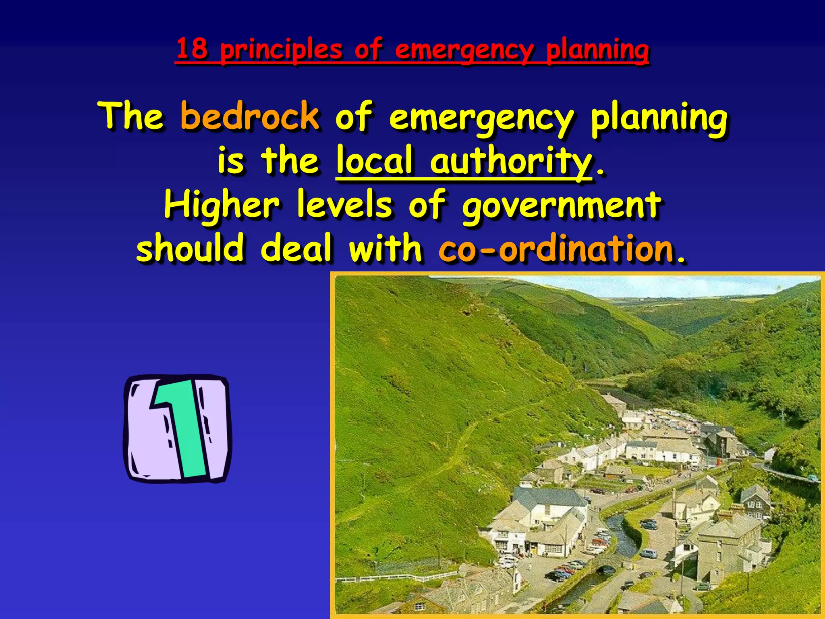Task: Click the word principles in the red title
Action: [x=281, y=50]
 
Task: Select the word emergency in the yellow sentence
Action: [x=481, y=118]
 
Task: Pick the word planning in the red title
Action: [x=597, y=50]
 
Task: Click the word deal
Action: [x=296, y=247]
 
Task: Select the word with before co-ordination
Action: [x=385, y=247]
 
